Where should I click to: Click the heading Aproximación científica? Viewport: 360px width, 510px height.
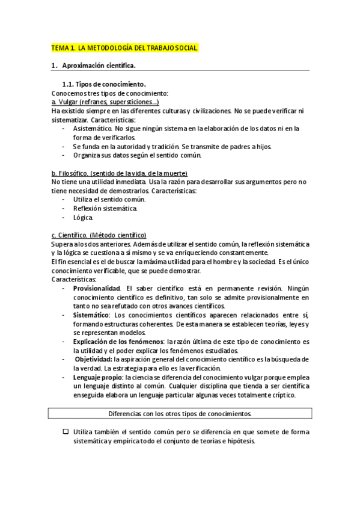pos(99,65)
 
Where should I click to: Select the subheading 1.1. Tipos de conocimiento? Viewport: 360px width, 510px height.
pos(104,84)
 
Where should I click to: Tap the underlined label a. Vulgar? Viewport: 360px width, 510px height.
pos(63,102)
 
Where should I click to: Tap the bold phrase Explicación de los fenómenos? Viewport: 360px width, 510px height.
pos(113,341)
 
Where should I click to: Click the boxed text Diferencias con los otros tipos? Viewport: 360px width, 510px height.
pos(180,414)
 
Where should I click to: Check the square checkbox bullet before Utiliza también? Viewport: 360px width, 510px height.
pos(66,432)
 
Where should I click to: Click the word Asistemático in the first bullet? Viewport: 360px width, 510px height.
pos(92,129)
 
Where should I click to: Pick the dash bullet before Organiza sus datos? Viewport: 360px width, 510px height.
pos(64,155)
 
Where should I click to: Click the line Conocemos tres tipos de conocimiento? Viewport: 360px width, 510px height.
pos(110,93)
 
